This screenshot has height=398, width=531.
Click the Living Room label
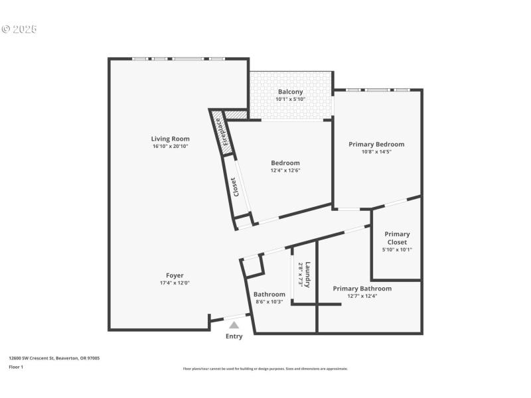coord(170,139)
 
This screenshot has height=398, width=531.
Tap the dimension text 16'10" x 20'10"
coord(170,146)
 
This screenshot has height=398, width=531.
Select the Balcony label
coord(290,92)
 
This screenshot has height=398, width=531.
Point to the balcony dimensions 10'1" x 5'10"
coord(290,99)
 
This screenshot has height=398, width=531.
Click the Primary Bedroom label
coord(376,144)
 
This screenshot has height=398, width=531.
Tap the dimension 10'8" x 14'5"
coord(376,151)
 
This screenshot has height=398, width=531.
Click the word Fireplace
coord(226,131)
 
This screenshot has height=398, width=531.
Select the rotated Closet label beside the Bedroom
coord(234,186)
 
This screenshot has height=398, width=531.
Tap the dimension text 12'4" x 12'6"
coord(285,170)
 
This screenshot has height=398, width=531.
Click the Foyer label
coord(175,275)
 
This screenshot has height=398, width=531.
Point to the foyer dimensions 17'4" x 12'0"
coord(175,283)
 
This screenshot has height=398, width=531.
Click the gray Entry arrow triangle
coord(234,324)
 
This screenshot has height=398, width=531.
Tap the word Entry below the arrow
coord(234,336)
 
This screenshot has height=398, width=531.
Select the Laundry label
coord(307,274)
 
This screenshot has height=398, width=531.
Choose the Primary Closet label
coord(397,238)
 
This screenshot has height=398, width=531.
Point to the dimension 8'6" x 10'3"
coord(270,302)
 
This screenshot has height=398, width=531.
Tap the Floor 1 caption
coord(15,367)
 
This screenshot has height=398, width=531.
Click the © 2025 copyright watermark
coord(19,29)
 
